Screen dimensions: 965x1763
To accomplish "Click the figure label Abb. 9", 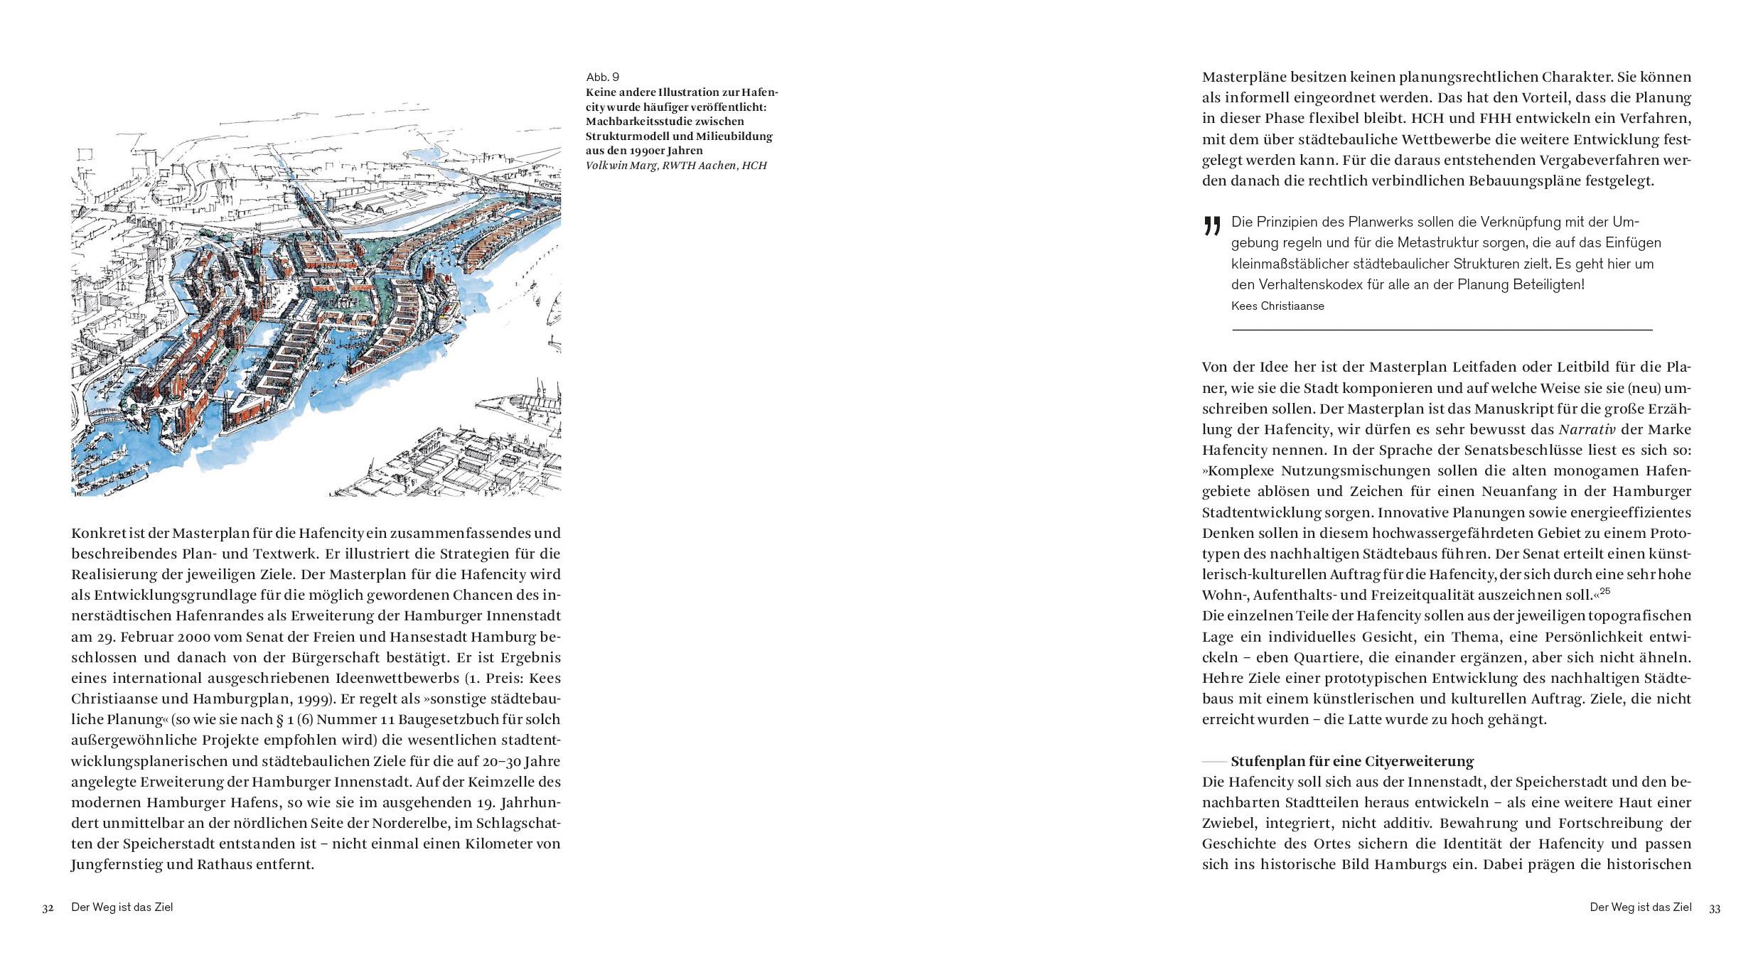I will (x=602, y=77).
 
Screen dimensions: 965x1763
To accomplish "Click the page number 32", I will (x=48, y=908).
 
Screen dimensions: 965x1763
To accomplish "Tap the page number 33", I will (x=1715, y=908).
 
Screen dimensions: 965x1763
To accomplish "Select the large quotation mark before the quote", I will (x=1212, y=226).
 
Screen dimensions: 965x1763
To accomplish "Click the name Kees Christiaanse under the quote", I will (x=1277, y=306).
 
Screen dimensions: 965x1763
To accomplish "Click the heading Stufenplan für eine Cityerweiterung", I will (x=1352, y=761).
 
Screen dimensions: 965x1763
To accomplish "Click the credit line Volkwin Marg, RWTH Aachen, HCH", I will (x=676, y=166).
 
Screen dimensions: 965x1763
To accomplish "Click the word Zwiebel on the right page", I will (x=1228, y=823).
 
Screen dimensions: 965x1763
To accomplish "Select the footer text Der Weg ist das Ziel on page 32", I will (x=122, y=907).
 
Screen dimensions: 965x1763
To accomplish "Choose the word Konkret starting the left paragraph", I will (x=98, y=533).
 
